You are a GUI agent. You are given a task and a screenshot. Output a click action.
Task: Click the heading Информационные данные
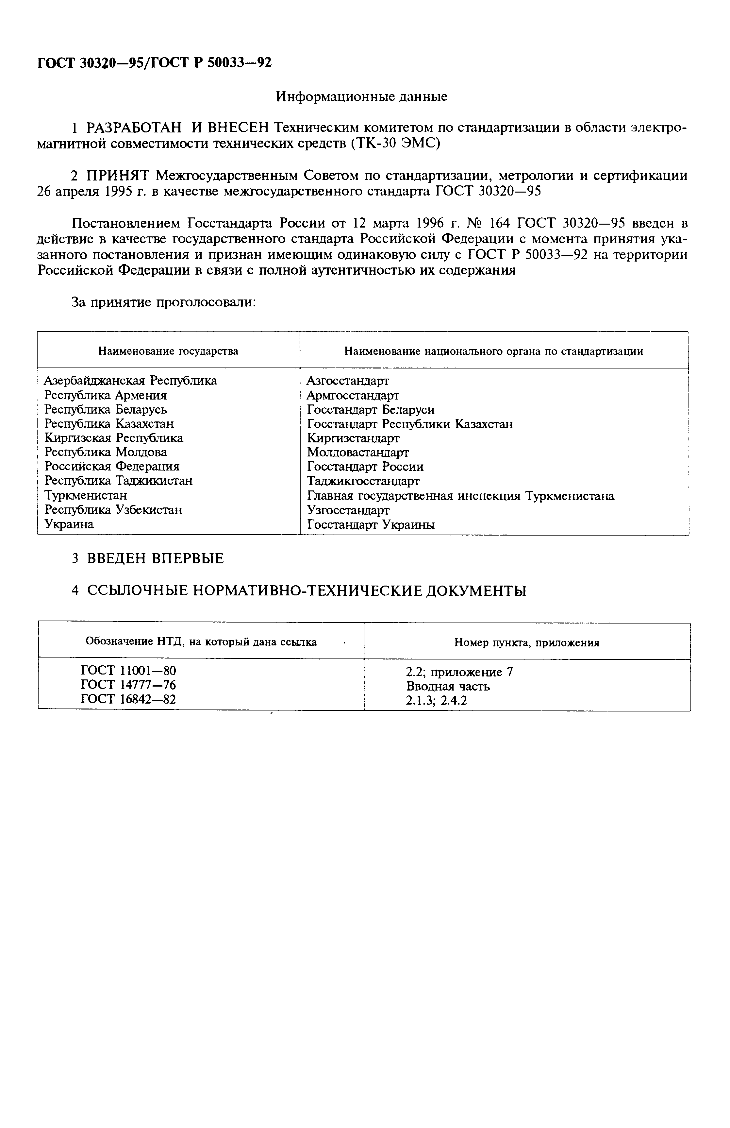pyautogui.click(x=361, y=97)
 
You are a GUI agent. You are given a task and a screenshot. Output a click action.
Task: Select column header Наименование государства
pyautogui.click(x=168, y=351)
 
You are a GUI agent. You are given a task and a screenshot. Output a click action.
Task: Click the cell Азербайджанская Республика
pyautogui.click(x=131, y=381)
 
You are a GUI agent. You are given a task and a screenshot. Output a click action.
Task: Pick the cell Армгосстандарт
pyautogui.click(x=353, y=395)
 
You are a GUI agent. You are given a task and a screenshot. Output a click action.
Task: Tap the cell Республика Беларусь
pyautogui.click(x=106, y=409)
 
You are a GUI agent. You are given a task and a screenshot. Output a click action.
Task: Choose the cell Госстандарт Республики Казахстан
pyautogui.click(x=410, y=424)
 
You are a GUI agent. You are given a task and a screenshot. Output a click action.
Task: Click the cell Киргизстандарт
pyautogui.click(x=353, y=438)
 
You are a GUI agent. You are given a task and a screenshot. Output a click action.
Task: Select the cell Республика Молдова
pyautogui.click(x=106, y=452)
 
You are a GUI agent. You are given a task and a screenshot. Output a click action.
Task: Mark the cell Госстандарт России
pyautogui.click(x=365, y=467)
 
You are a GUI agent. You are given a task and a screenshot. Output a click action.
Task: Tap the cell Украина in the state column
pyautogui.click(x=69, y=524)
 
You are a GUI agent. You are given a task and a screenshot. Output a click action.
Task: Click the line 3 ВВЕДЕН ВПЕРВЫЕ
pyautogui.click(x=148, y=558)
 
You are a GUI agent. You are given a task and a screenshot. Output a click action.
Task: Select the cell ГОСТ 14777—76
pyautogui.click(x=128, y=685)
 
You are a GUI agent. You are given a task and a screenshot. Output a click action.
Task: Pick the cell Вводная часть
pyautogui.click(x=448, y=686)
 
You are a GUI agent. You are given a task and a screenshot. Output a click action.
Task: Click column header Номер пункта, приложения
pyautogui.click(x=527, y=643)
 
